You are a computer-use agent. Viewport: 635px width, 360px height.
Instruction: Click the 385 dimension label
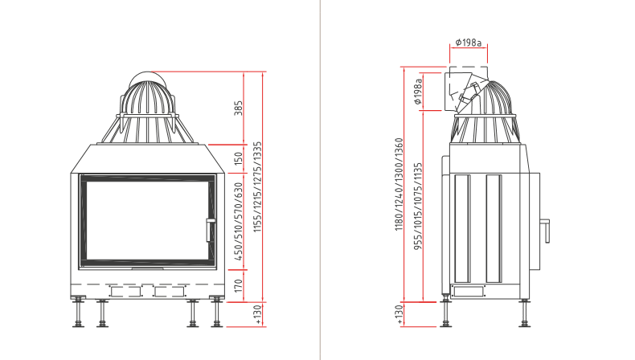239,108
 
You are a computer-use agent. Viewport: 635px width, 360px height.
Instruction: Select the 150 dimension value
239,158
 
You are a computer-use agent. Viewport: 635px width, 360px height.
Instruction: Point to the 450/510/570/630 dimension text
239,222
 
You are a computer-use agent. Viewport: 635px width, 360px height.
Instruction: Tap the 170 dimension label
239,285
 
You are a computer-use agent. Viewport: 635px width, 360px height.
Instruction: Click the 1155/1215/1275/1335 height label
257,186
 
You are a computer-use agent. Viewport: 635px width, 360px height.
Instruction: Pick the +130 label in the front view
258,315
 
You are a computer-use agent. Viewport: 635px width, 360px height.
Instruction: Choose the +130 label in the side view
399,315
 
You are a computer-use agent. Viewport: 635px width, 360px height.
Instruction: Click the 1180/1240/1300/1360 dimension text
399,184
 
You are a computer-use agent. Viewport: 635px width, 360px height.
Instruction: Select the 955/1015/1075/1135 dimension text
418,207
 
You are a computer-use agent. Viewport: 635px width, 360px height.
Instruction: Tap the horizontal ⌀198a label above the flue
469,42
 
